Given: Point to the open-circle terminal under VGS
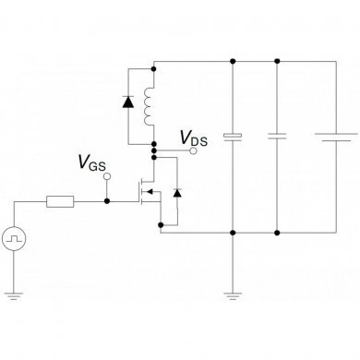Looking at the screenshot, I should tap(106, 175).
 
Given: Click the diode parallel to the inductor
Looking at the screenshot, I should tap(126, 102).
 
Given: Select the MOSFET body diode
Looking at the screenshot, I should tap(177, 193).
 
